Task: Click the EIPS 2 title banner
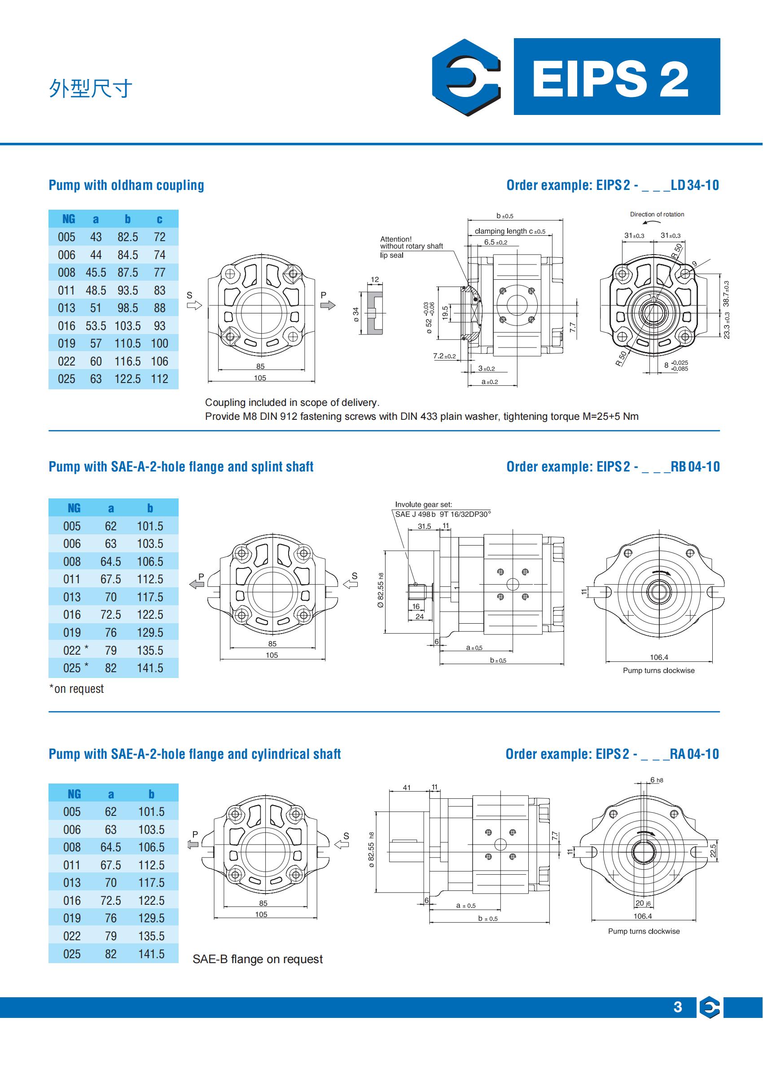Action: click(616, 77)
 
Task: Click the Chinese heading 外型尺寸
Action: click(90, 89)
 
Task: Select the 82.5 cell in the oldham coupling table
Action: click(127, 237)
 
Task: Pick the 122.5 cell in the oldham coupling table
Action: click(127, 379)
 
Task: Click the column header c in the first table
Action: click(159, 219)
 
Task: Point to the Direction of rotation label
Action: click(657, 214)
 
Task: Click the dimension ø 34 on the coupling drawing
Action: click(355, 314)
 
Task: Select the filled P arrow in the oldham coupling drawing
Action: click(328, 305)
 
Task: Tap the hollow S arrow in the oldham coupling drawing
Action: click(194, 305)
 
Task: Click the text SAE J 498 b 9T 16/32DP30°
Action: click(443, 514)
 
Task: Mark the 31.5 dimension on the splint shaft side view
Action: click(424, 526)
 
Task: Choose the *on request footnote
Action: click(76, 689)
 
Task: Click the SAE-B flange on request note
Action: click(258, 959)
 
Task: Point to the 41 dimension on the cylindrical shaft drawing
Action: click(407, 788)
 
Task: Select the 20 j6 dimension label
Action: click(643, 903)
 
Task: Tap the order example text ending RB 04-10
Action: click(613, 467)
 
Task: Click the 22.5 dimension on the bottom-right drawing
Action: click(713, 850)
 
